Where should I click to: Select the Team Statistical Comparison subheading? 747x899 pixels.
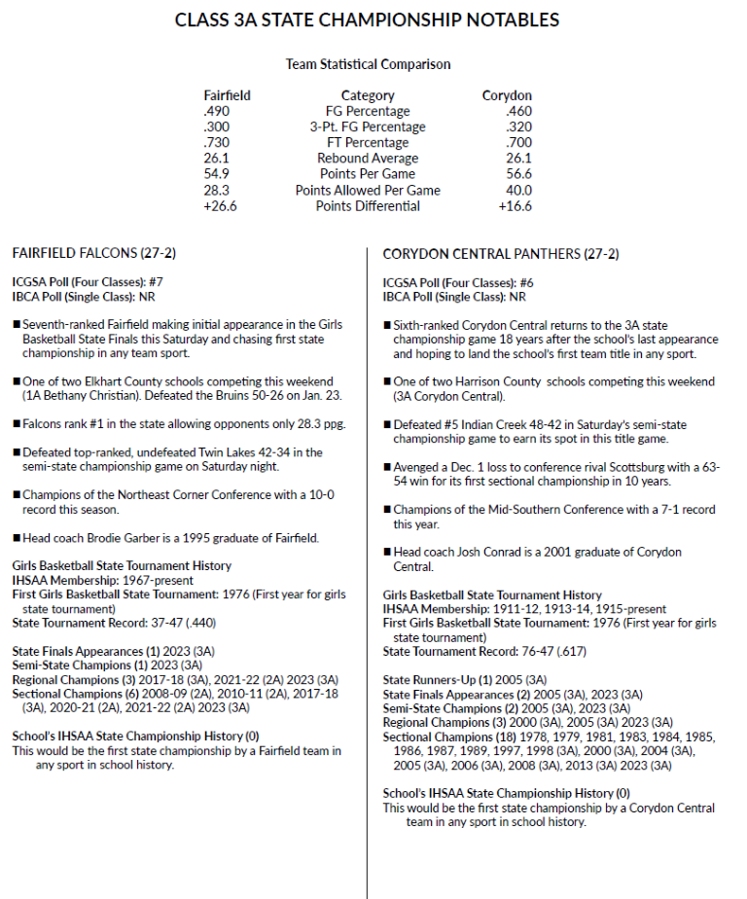click(368, 64)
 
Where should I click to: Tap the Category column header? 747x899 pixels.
click(368, 95)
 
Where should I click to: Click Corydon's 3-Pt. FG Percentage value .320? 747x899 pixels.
click(518, 126)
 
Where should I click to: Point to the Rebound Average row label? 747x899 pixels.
click(368, 159)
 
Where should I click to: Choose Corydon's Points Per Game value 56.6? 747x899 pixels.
click(516, 174)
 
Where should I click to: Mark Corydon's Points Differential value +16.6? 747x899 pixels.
click(515, 205)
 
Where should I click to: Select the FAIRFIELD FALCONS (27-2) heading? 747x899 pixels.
click(93, 254)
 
